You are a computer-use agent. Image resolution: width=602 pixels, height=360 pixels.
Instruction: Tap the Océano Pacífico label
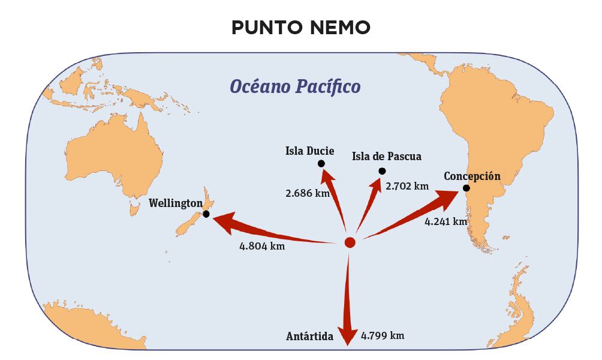tap(296, 86)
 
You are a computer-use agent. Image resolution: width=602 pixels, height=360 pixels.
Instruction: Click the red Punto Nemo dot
tap(350, 242)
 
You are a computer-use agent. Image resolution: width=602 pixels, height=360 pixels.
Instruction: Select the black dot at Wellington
tap(206, 214)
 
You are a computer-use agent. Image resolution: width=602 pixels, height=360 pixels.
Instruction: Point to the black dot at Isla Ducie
tap(321, 164)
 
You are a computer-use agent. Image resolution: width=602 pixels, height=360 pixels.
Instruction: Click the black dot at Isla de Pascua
tap(382, 171)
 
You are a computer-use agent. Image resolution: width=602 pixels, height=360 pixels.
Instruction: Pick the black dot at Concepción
tap(466, 188)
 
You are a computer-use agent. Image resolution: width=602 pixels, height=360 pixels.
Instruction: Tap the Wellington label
tap(176, 203)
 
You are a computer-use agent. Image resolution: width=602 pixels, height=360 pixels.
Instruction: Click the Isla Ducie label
tap(309, 151)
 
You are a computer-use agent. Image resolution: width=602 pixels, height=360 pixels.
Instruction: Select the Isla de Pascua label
tap(387, 157)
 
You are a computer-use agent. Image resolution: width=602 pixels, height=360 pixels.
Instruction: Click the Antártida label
tap(309, 336)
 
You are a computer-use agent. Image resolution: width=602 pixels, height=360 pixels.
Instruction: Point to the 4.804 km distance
tap(262, 246)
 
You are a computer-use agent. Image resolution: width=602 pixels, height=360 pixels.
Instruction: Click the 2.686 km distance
tap(307, 193)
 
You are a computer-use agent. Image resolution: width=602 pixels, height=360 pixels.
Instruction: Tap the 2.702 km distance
tap(408, 186)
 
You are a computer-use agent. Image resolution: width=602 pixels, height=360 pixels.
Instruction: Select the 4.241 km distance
tap(446, 221)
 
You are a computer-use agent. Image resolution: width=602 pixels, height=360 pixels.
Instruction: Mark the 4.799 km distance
tap(383, 335)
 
